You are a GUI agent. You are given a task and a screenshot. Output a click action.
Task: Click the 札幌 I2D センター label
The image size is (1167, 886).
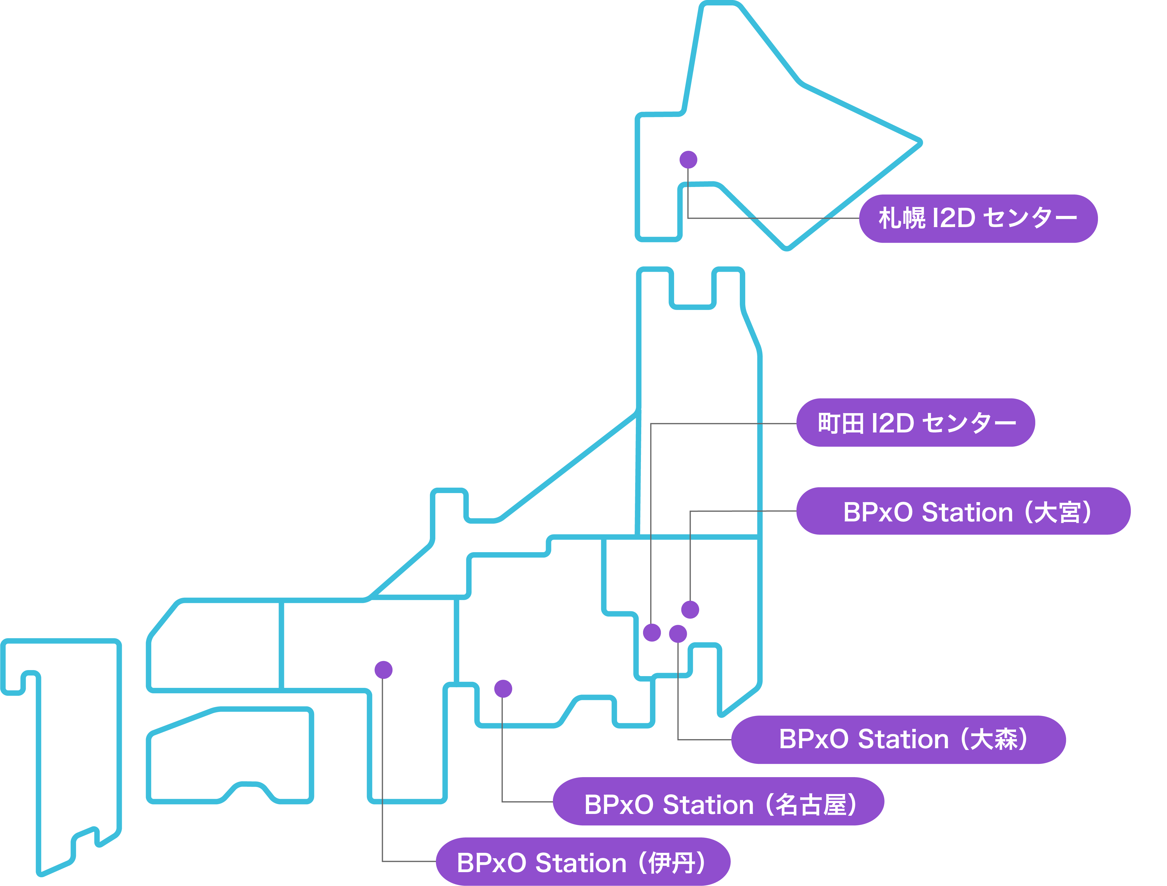coord(978,218)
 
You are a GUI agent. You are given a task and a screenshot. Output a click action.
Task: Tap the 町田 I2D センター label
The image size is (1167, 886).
coord(915,423)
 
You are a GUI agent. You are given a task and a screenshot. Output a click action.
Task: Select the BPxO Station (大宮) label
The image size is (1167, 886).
coord(963,512)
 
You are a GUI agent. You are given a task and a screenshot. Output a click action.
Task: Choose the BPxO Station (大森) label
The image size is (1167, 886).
coord(898,739)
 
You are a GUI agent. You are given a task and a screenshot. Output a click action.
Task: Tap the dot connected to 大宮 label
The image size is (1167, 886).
coord(690,609)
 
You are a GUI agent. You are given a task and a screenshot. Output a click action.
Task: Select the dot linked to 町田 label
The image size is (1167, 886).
coord(652,632)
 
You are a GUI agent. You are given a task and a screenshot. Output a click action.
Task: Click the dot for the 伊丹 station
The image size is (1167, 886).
coord(383,670)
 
